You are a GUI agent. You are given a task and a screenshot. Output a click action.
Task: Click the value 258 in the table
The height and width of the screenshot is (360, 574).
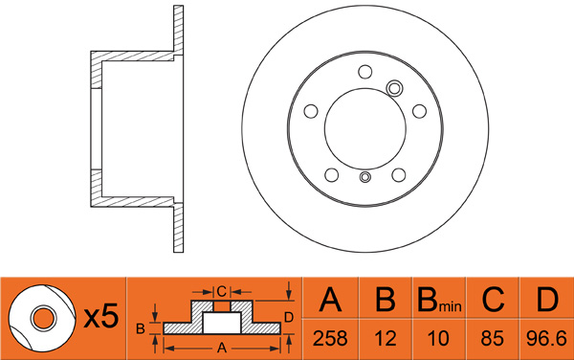click(x=330, y=338)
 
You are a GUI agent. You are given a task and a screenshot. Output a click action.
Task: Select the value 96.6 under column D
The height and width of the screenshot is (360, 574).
click(x=546, y=338)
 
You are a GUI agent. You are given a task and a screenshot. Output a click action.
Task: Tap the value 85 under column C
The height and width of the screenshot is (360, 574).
click(x=493, y=338)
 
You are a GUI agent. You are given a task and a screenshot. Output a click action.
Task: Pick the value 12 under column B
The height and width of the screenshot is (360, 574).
click(x=386, y=338)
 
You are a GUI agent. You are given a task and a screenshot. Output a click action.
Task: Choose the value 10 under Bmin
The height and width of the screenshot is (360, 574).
click(x=438, y=338)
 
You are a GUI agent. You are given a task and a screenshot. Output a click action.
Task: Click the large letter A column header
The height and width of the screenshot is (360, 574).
click(x=330, y=300)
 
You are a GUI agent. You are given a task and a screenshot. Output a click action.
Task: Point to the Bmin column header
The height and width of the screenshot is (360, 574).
click(x=439, y=300)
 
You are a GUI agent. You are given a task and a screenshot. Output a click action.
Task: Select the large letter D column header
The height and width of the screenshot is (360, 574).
click(x=547, y=300)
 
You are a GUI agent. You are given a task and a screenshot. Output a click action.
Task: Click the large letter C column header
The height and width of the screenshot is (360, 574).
click(x=493, y=300)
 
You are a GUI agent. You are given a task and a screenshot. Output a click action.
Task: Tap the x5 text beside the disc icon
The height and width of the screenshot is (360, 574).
click(x=101, y=316)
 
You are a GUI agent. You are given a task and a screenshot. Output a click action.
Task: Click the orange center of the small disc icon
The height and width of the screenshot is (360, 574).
click(x=43, y=318)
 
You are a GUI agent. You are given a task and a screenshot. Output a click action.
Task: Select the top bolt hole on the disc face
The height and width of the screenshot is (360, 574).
click(x=365, y=72)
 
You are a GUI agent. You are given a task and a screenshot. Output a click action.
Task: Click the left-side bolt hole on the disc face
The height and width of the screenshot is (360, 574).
click(x=311, y=111)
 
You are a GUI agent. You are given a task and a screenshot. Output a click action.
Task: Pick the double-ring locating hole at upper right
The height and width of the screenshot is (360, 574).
click(x=394, y=88)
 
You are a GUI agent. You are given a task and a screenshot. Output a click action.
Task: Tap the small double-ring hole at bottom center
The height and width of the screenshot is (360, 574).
click(x=365, y=177)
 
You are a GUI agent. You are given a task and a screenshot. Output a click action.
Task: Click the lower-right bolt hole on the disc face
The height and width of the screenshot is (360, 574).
click(x=399, y=174)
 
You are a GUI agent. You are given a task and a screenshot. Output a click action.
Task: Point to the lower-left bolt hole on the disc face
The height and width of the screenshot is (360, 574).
click(x=332, y=174)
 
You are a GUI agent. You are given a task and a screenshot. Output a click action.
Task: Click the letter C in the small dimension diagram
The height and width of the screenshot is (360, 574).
click(x=222, y=291)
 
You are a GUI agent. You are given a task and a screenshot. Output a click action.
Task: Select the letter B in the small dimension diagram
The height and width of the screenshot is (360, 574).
click(x=141, y=328)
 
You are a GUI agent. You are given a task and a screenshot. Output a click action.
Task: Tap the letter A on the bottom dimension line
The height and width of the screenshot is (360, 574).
click(x=222, y=348)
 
